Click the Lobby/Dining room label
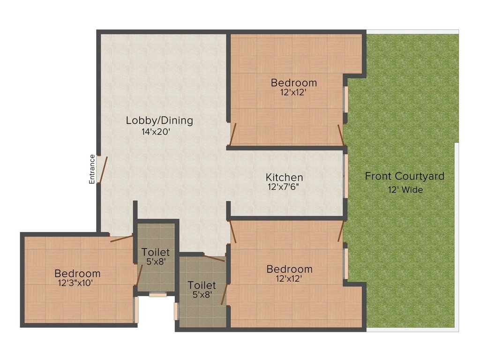tap(159, 120)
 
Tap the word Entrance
tap(92, 169)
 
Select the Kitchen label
tap(284, 178)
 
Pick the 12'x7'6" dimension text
tap(284, 187)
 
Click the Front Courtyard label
tap(405, 177)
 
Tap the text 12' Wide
tap(405, 190)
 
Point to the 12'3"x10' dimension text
tap(77, 283)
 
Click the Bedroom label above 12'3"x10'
tap(77, 273)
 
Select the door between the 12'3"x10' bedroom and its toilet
tap(139, 275)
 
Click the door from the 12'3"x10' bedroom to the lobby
tap(121, 239)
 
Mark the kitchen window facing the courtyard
tap(345, 176)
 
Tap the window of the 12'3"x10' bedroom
tap(136, 309)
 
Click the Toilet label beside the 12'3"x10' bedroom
tap(156, 253)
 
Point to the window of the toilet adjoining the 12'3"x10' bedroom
tap(158, 295)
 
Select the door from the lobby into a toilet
tap(215, 257)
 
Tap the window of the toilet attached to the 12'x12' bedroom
tap(176, 312)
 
